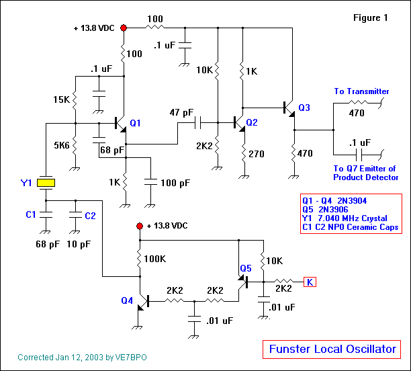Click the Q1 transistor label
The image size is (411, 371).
[136, 123]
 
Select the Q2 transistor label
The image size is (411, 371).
[252, 122]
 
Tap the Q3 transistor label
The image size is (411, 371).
[304, 107]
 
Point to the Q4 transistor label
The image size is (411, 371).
[127, 301]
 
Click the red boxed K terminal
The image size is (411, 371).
[310, 282]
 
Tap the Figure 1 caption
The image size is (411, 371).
[371, 18]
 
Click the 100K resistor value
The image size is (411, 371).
[155, 258]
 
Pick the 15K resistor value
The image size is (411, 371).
[61, 100]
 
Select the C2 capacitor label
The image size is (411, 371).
[90, 215]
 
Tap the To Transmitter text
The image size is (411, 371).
[361, 91]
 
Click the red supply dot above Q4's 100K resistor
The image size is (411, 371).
[140, 226]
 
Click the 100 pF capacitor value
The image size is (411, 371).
[175, 183]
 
